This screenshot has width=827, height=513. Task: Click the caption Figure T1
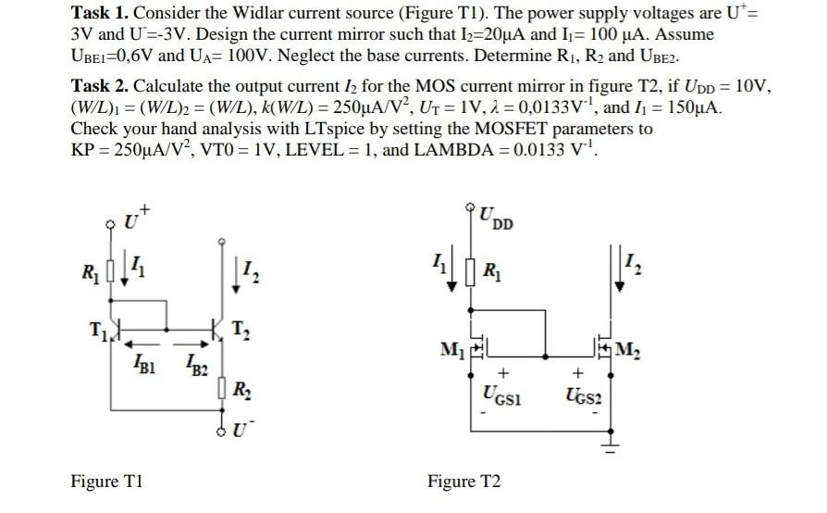pos(106,482)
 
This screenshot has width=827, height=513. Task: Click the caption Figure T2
pos(463,482)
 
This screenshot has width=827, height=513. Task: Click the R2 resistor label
pos(240,391)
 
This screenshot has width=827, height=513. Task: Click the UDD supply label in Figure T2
pos(497,219)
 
